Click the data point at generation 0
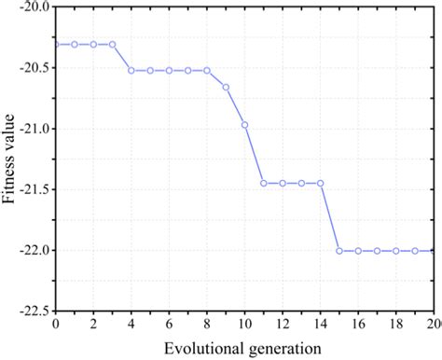[x=56, y=44]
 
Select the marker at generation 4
[x=131, y=70]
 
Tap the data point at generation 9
[x=226, y=87]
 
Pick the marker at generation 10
[x=245, y=124]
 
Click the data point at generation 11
[x=264, y=183]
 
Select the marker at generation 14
[x=321, y=183]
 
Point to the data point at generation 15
[x=339, y=251]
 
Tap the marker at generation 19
[x=415, y=251]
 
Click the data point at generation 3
[x=113, y=44]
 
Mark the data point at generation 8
[x=207, y=70]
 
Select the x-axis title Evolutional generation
[x=244, y=347]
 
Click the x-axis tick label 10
[x=245, y=324]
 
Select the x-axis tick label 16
[x=358, y=324]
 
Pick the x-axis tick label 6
[x=169, y=324]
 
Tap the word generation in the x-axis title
[x=283, y=348]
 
